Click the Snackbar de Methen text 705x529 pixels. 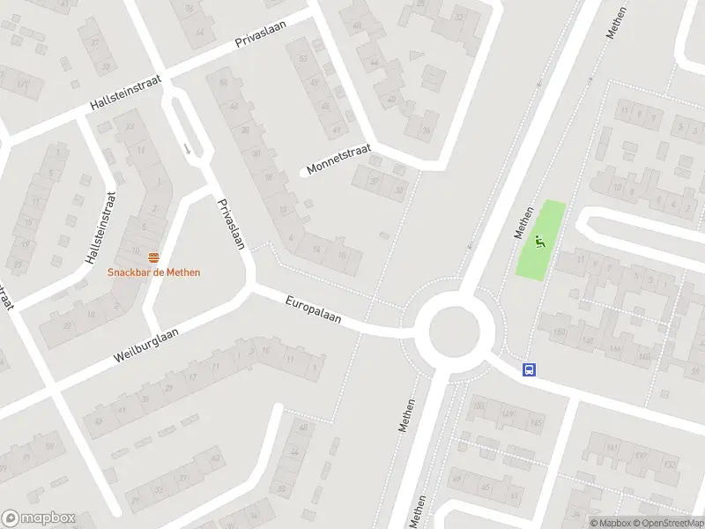pyautogui.click(x=154, y=272)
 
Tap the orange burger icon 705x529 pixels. pyautogui.click(x=154, y=257)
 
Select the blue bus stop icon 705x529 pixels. pyautogui.click(x=530, y=370)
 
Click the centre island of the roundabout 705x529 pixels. pyautogui.click(x=454, y=331)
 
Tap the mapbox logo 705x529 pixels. pyautogui.click(x=39, y=518)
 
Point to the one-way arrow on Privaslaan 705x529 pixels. pyautogui.click(x=187, y=147)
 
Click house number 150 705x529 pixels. pyautogui.click(x=560, y=332)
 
